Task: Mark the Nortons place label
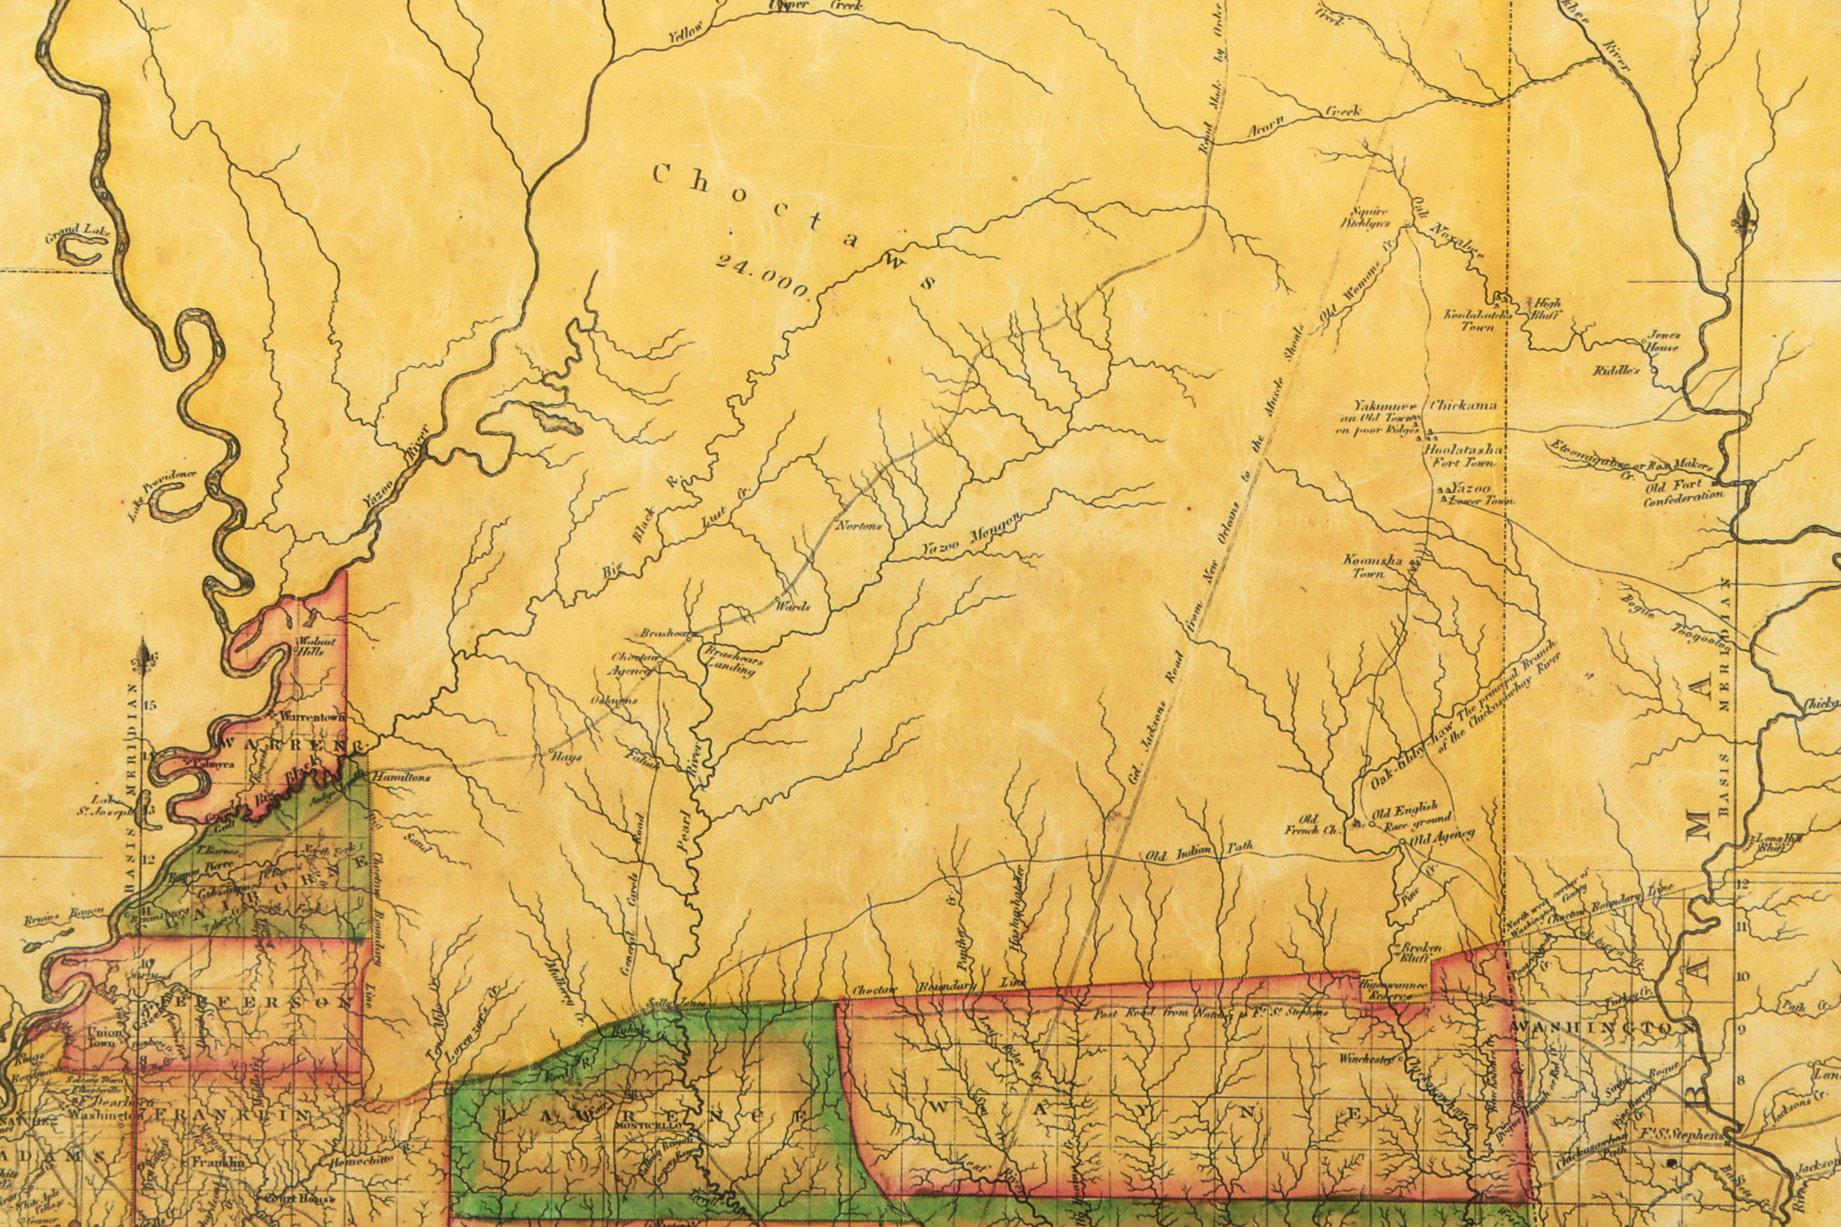point(859,526)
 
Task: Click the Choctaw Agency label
point(632,663)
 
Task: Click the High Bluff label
point(1545,309)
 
